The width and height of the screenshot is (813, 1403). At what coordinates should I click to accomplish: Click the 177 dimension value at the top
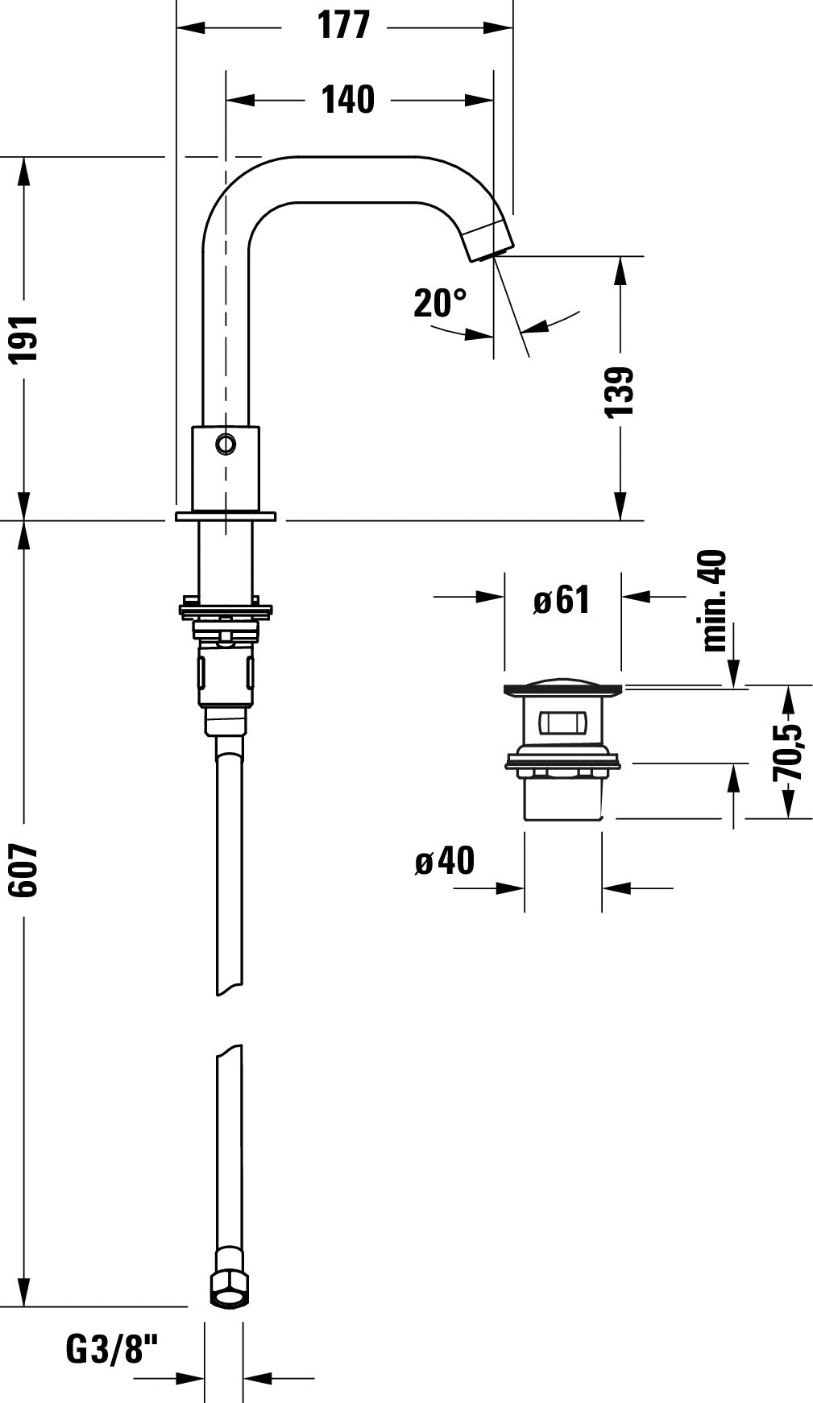point(344,26)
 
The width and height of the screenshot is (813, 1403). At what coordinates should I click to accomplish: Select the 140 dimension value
point(348,100)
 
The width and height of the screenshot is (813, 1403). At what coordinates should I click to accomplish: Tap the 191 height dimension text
point(25,339)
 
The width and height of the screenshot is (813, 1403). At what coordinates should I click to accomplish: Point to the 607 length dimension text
point(25,871)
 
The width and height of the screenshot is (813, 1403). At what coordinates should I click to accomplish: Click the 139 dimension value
point(620,392)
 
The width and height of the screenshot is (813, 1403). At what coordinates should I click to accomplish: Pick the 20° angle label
point(440,303)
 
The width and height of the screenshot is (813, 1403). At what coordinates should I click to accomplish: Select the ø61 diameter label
point(562,600)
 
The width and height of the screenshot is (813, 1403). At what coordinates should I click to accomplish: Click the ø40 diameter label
point(445,861)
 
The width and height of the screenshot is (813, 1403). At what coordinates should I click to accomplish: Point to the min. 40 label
point(715,600)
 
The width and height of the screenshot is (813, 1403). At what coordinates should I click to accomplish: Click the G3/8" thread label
point(113,1349)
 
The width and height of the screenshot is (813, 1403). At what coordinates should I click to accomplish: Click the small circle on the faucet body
point(226,444)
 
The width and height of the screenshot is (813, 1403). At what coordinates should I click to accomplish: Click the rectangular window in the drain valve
point(562,722)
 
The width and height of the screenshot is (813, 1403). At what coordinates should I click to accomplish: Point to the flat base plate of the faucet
point(226,515)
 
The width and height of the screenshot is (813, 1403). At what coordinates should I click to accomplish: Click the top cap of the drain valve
point(562,689)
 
